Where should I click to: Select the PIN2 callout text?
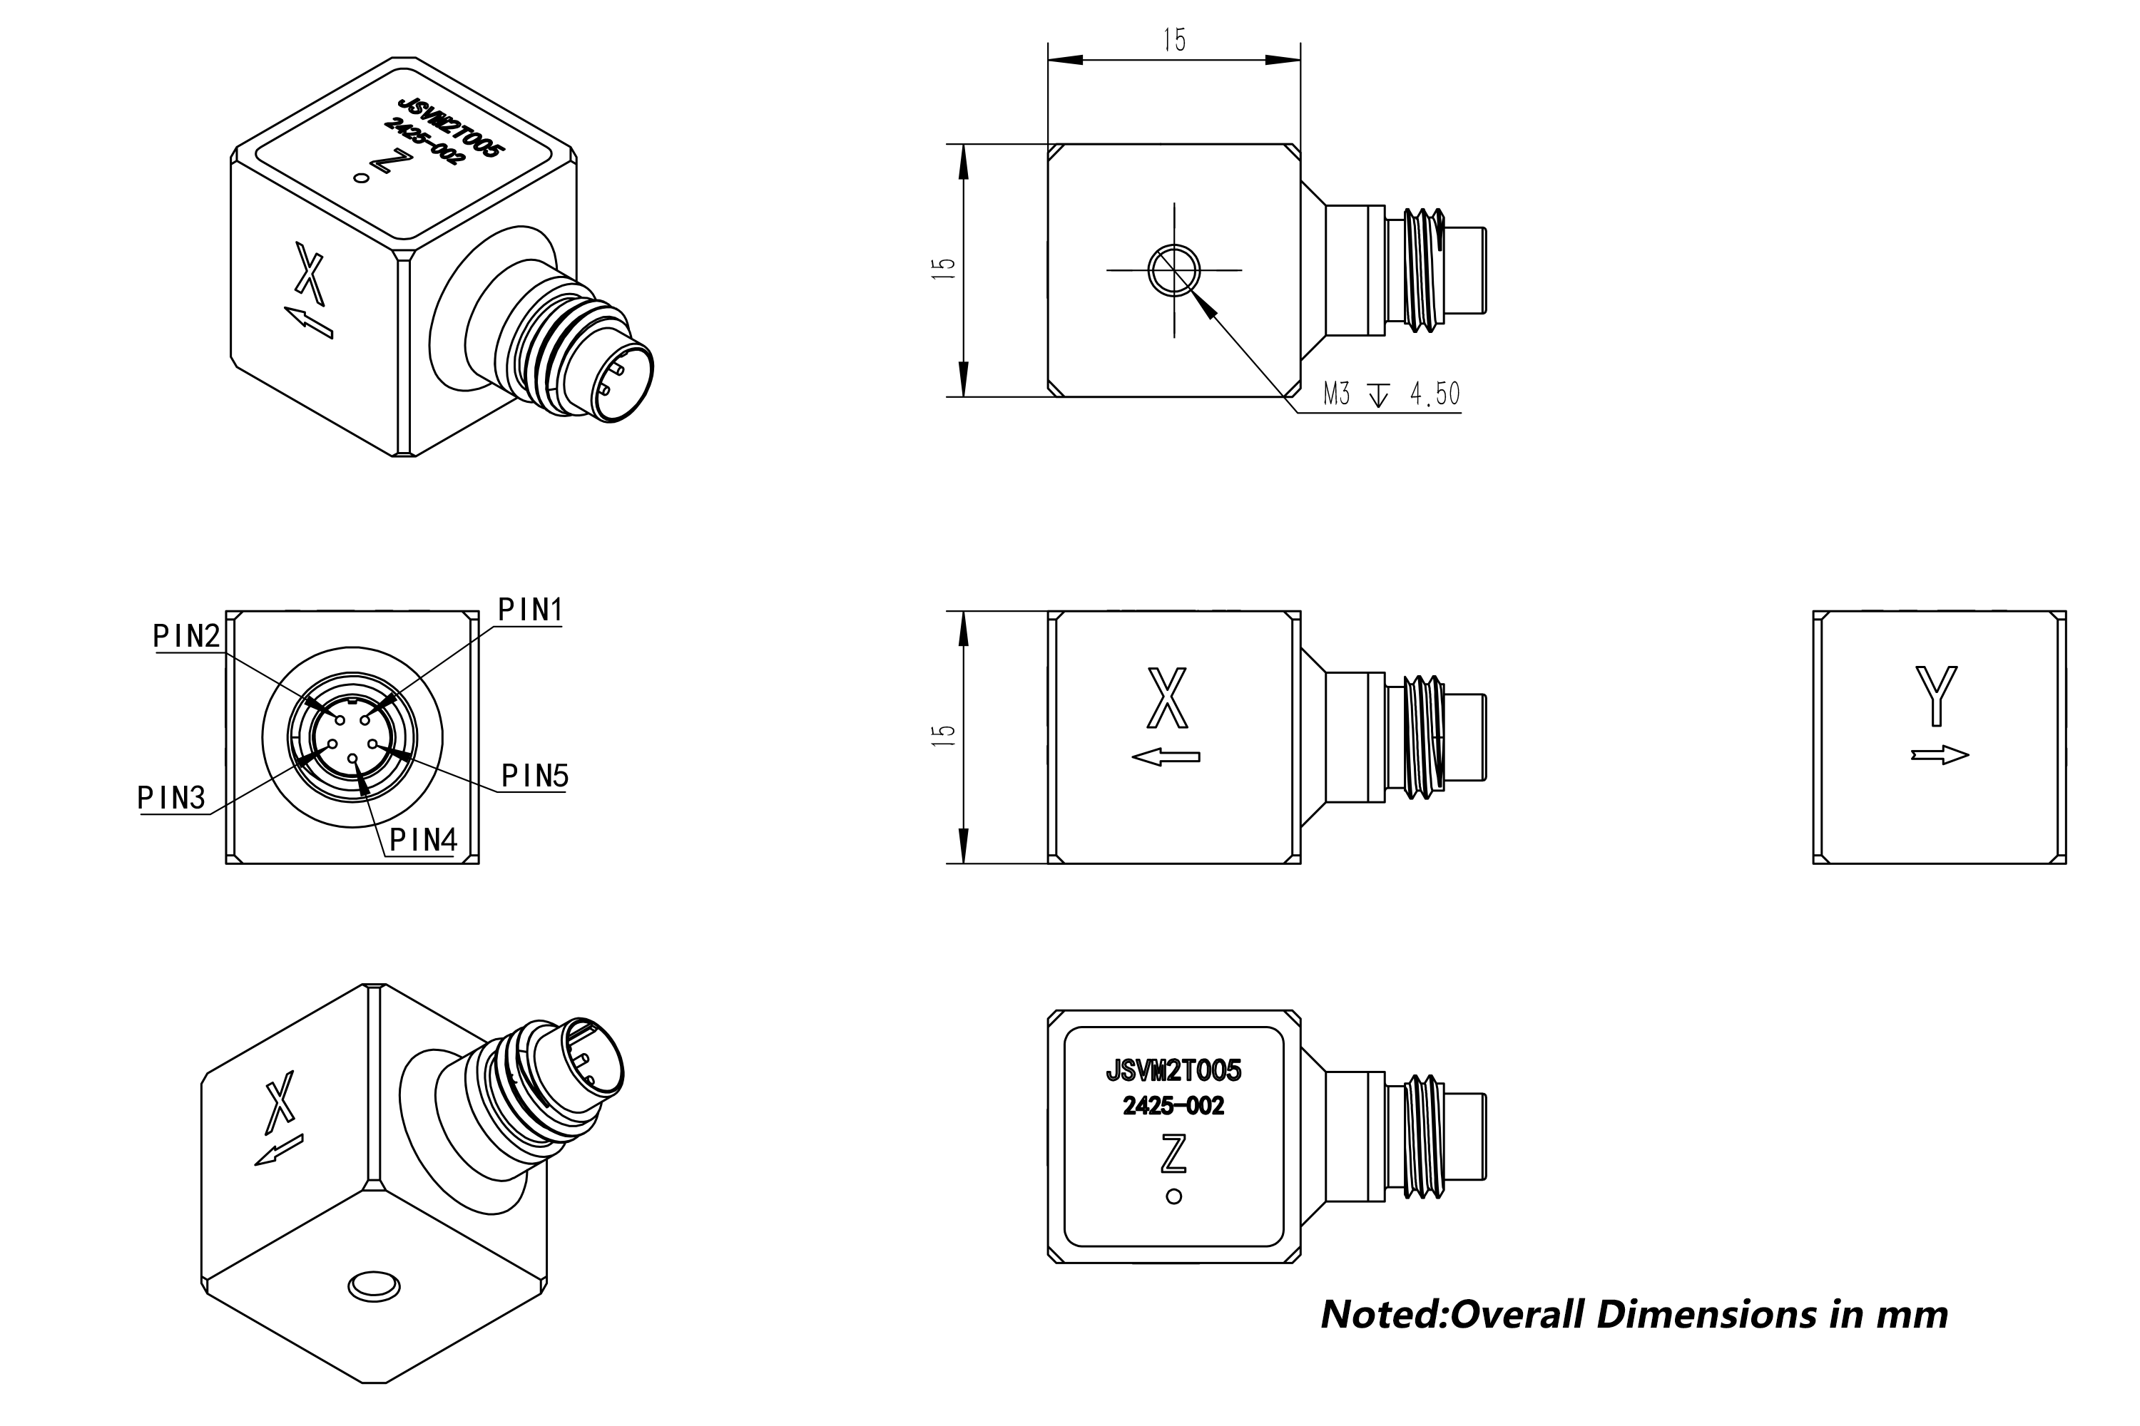[186, 637]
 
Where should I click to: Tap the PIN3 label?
[171, 799]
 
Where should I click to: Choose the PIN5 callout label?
[535, 776]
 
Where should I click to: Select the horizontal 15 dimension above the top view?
[1173, 41]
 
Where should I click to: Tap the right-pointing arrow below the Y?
[1940, 755]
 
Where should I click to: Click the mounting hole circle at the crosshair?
[1173, 270]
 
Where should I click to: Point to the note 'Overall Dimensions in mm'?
[1634, 1315]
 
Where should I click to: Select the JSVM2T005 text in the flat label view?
[1173, 1070]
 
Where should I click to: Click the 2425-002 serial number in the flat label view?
[1173, 1106]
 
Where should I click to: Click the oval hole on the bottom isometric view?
[374, 1286]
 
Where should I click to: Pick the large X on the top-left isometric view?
[310, 274]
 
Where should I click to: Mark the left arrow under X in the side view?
[1166, 756]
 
